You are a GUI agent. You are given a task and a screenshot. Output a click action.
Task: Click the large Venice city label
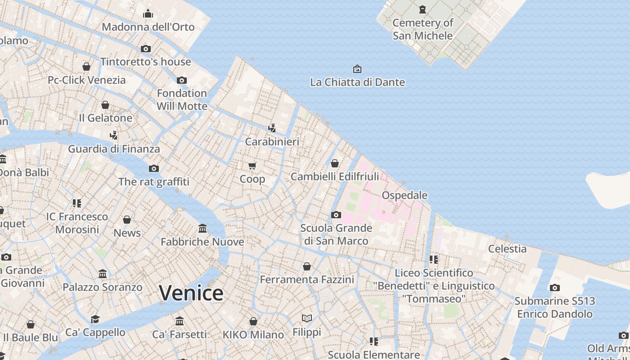(191, 293)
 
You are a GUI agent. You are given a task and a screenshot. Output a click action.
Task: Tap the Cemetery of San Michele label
(423, 29)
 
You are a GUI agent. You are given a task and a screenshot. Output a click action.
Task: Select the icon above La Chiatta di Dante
(357, 69)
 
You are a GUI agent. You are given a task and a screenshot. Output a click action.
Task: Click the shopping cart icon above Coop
(252, 166)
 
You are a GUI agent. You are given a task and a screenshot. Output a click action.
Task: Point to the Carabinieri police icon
(272, 128)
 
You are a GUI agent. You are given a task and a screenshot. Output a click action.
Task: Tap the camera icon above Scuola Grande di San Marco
(336, 215)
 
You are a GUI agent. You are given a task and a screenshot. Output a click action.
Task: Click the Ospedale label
(405, 195)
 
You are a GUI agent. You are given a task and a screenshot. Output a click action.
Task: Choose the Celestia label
(507, 248)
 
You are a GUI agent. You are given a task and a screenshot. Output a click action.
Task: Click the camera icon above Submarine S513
(555, 288)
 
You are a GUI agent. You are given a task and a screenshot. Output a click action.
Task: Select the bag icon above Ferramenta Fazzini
(307, 266)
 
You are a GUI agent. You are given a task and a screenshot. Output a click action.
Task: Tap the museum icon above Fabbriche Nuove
(202, 229)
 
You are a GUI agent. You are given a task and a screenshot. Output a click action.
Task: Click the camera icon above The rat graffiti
(154, 169)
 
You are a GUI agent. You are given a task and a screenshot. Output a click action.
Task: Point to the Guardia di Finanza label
(114, 149)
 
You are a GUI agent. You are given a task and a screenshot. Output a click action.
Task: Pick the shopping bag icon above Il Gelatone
(105, 105)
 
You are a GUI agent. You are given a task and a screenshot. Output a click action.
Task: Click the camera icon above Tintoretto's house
(146, 49)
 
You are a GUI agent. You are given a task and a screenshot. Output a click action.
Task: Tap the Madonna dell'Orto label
(148, 27)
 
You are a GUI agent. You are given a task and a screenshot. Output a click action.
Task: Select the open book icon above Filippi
(307, 319)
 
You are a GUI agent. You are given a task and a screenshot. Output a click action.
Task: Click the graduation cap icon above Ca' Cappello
(95, 319)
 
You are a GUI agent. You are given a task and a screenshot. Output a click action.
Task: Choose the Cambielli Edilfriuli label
(335, 176)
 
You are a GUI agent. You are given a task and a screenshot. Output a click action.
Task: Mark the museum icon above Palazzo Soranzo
(103, 274)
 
